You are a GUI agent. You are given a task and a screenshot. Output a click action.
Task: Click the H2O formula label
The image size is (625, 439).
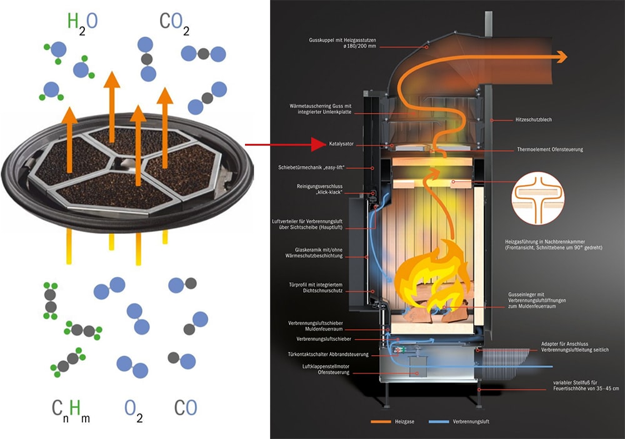coord(82,23)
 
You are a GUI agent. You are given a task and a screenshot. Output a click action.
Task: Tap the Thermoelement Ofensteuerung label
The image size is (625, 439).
coord(550,150)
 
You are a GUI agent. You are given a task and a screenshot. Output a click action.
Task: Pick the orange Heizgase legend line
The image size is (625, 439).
coord(384,421)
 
